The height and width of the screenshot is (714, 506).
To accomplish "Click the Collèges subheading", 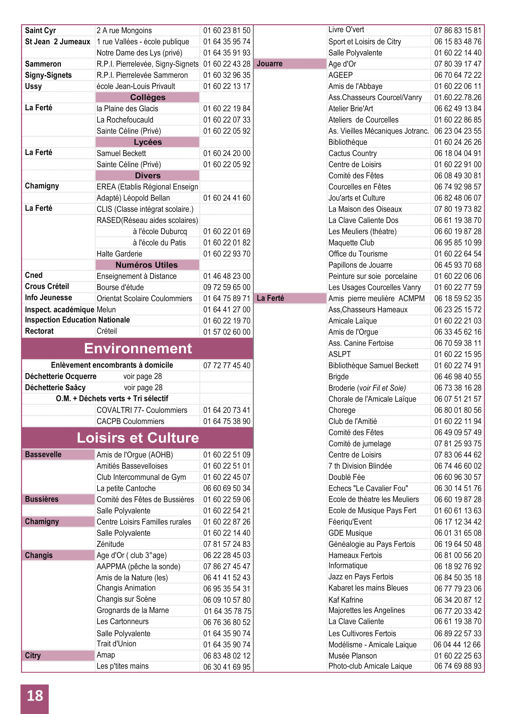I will [148, 97].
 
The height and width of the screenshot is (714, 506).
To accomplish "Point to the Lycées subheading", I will [148, 142].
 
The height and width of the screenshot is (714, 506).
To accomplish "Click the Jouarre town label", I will [270, 64].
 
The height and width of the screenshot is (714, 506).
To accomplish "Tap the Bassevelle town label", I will [43, 455].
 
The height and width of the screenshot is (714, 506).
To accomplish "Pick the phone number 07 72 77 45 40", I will [227, 366].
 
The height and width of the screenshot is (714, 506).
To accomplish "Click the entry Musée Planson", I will [352, 656].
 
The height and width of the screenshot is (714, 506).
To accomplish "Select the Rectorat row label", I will [39, 331].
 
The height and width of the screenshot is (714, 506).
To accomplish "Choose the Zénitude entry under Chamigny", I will [110, 544].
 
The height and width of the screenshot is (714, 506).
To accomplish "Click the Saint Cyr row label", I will [40, 31].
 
